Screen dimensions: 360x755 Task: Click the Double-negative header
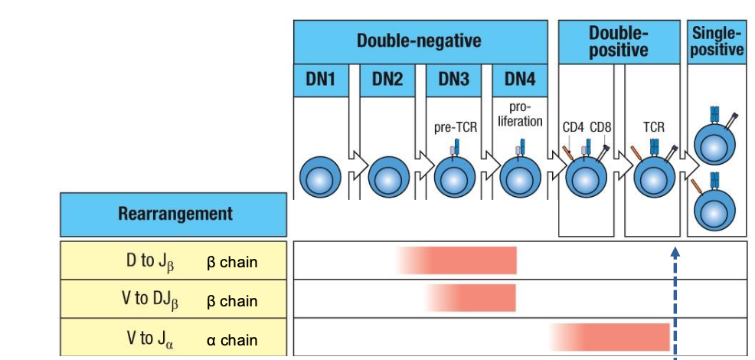point(420,41)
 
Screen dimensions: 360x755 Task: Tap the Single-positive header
point(717,41)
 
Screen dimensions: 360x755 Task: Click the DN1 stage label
point(322,80)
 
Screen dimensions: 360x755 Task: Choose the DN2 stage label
point(387,80)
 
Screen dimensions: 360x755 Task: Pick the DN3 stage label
point(453,80)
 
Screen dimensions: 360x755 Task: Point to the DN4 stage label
point(520,80)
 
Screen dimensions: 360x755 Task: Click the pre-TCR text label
point(455,127)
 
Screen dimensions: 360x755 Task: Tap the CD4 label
point(574,127)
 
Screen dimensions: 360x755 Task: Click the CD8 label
point(600,127)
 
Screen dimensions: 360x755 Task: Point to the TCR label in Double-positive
point(653,127)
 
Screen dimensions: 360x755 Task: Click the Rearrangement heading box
point(175,214)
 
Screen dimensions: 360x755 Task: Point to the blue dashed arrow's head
point(675,250)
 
